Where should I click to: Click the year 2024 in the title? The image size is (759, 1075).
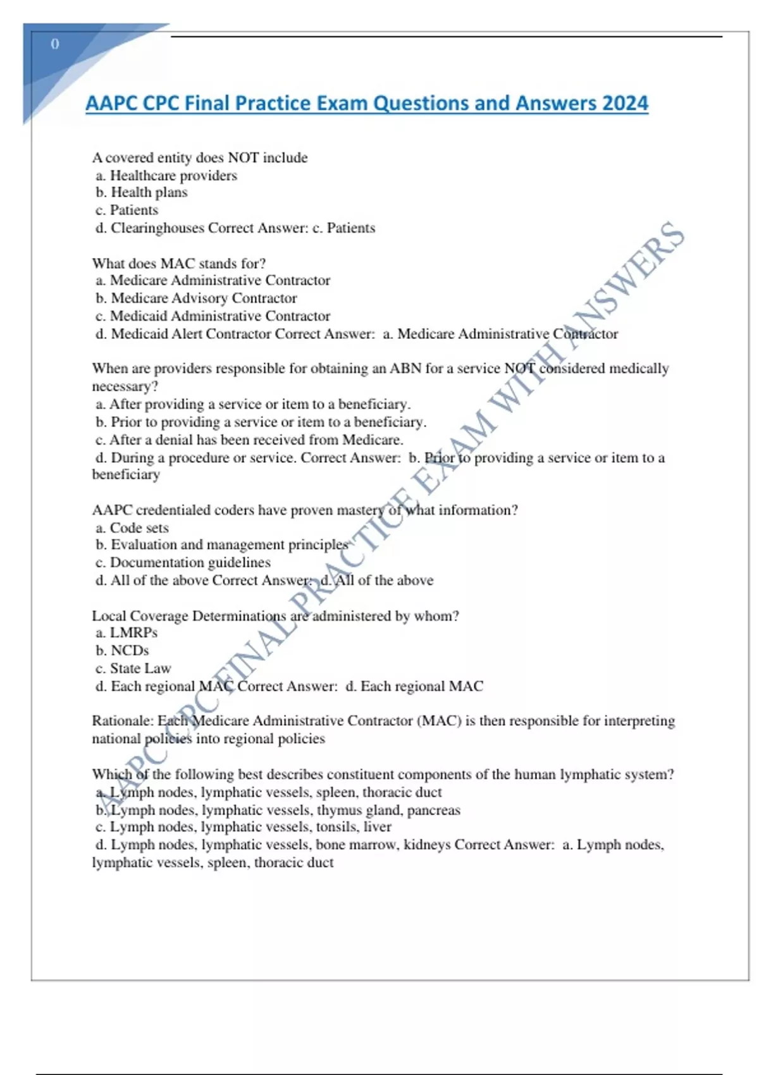tap(626, 103)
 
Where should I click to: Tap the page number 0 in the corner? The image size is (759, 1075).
tap(55, 44)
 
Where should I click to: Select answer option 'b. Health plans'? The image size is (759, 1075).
tap(142, 192)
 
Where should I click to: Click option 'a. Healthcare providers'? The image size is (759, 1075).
tap(166, 175)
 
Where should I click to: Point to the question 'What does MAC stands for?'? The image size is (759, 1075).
tap(179, 263)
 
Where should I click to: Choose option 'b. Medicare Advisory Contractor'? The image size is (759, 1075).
tap(196, 298)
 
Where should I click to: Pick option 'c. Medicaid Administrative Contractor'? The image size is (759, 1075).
tap(213, 316)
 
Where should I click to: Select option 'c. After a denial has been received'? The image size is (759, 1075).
tap(249, 439)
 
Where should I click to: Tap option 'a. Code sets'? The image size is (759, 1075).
tap(132, 527)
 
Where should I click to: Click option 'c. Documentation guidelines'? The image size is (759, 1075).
tap(183, 562)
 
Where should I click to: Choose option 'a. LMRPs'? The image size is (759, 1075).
tap(126, 632)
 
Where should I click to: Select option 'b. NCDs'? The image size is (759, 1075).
tap(122, 650)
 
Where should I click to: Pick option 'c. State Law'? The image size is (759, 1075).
tap(133, 668)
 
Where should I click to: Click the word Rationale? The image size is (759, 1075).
tap(121, 721)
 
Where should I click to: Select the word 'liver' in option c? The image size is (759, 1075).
tap(378, 827)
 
